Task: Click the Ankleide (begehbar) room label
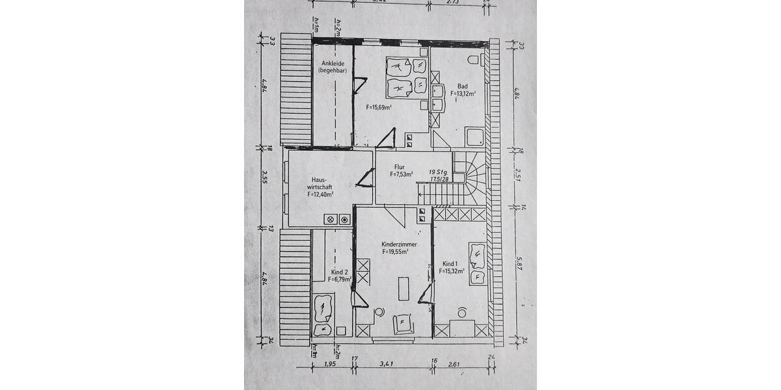point(332,66)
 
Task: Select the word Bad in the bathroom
point(462,86)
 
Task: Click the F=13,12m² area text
point(463,94)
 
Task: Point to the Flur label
point(400,167)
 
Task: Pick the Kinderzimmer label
point(399,244)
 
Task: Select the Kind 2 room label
point(339,272)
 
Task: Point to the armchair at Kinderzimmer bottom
point(402,323)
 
